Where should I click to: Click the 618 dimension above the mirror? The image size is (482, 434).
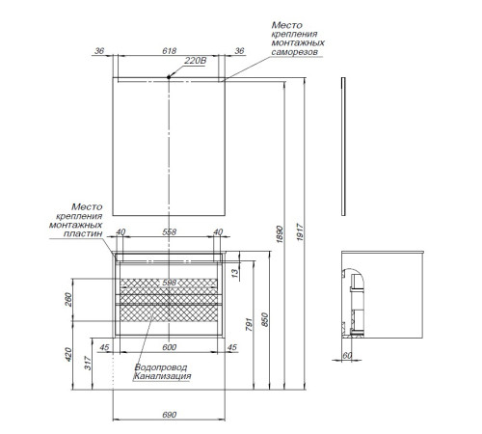coord(170,51)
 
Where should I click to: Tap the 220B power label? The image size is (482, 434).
coord(196,61)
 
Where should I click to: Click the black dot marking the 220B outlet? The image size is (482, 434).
coord(169,77)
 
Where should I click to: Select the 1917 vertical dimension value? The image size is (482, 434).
coord(300,232)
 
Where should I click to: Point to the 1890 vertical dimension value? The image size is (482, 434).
coord(280,234)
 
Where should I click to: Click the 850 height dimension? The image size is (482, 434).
coord(265,319)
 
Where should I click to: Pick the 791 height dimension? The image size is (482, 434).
coord(250,324)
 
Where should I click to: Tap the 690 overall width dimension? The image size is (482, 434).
coord(170,415)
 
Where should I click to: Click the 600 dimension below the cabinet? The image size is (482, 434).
coord(170,347)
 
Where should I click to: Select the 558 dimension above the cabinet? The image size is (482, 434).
coord(170,231)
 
